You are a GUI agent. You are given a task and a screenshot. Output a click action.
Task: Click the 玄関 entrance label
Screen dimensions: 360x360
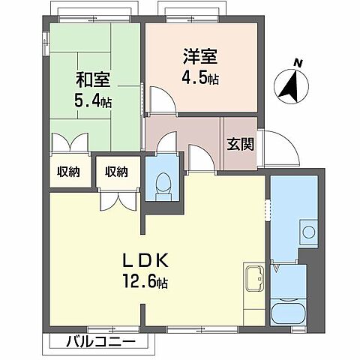pyautogui.click(x=241, y=142)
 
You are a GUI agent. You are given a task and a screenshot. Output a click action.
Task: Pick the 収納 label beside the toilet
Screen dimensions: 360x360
pyautogui.click(x=115, y=172)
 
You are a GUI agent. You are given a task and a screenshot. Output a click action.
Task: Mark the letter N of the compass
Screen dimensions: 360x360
pyautogui.click(x=297, y=64)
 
